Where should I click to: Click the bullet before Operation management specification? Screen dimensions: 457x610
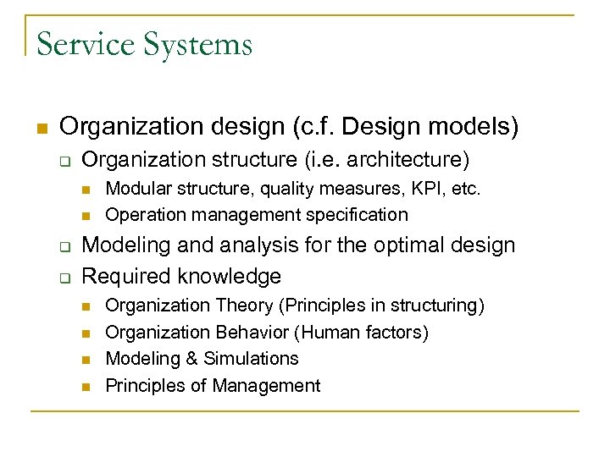pos(86,216)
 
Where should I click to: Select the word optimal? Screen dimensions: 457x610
pos(382,245)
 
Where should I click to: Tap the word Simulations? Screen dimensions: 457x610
pos(252,359)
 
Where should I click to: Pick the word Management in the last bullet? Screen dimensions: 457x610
pos(266,386)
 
